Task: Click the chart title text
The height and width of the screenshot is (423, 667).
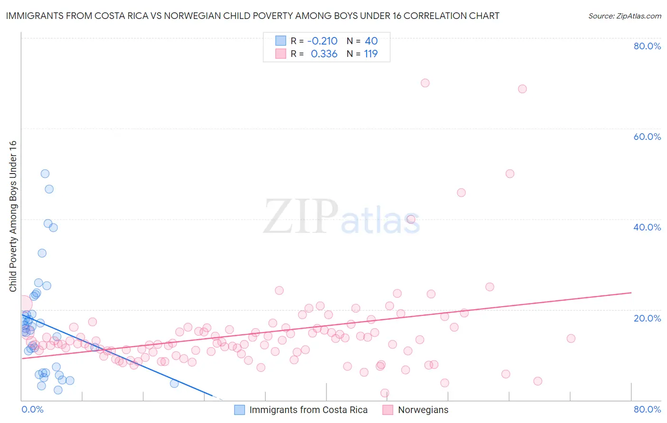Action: click(x=252, y=16)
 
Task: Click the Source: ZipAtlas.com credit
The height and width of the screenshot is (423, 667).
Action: click(x=624, y=16)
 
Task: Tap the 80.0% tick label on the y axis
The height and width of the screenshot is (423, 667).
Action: click(x=647, y=46)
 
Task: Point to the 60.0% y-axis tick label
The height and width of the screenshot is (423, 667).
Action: click(x=647, y=137)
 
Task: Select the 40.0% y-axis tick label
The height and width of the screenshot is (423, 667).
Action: click(x=647, y=227)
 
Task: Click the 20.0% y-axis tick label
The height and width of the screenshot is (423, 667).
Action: click(x=647, y=318)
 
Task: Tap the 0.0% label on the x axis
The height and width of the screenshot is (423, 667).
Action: click(x=32, y=409)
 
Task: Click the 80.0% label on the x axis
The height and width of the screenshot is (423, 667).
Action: click(x=647, y=409)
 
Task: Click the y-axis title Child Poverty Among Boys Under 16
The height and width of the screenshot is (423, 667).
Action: click(x=13, y=216)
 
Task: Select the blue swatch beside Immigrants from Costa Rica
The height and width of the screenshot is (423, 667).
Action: click(x=240, y=410)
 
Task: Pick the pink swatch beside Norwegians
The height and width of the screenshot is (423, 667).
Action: click(x=388, y=410)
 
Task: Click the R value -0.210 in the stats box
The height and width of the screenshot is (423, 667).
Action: click(x=322, y=41)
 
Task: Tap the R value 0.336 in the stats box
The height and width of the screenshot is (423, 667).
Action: click(x=324, y=54)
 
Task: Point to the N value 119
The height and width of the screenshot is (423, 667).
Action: click(x=371, y=54)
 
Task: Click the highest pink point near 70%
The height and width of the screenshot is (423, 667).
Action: click(x=425, y=83)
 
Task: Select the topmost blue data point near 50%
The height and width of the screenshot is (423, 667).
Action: click(x=45, y=174)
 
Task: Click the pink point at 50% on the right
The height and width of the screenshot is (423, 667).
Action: click(x=510, y=174)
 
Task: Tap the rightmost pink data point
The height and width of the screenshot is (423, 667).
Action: click(x=571, y=339)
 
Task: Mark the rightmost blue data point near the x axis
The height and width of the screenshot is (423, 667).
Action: click(x=174, y=383)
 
